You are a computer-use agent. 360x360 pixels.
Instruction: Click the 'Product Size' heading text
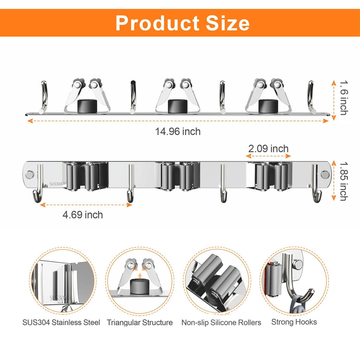[x=182, y=23]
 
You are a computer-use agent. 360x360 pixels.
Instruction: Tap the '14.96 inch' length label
[x=178, y=131]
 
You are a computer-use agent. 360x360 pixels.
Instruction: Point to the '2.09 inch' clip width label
[x=268, y=149]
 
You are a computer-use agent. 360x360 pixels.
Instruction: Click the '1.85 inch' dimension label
[x=344, y=181]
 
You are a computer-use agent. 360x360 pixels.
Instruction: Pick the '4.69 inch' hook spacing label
[x=83, y=215]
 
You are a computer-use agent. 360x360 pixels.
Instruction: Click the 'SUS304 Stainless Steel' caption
[x=61, y=322]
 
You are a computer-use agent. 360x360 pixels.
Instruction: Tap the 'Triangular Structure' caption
[x=140, y=322]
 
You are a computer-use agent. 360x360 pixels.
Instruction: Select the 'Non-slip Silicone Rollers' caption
[x=221, y=323]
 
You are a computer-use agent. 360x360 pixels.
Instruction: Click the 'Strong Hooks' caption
[x=294, y=322]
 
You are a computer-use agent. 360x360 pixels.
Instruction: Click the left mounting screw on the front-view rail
[x=30, y=174]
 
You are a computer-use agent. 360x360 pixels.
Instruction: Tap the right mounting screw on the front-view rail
[x=325, y=174]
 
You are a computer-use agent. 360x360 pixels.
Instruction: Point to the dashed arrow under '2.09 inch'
[x=268, y=156]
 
